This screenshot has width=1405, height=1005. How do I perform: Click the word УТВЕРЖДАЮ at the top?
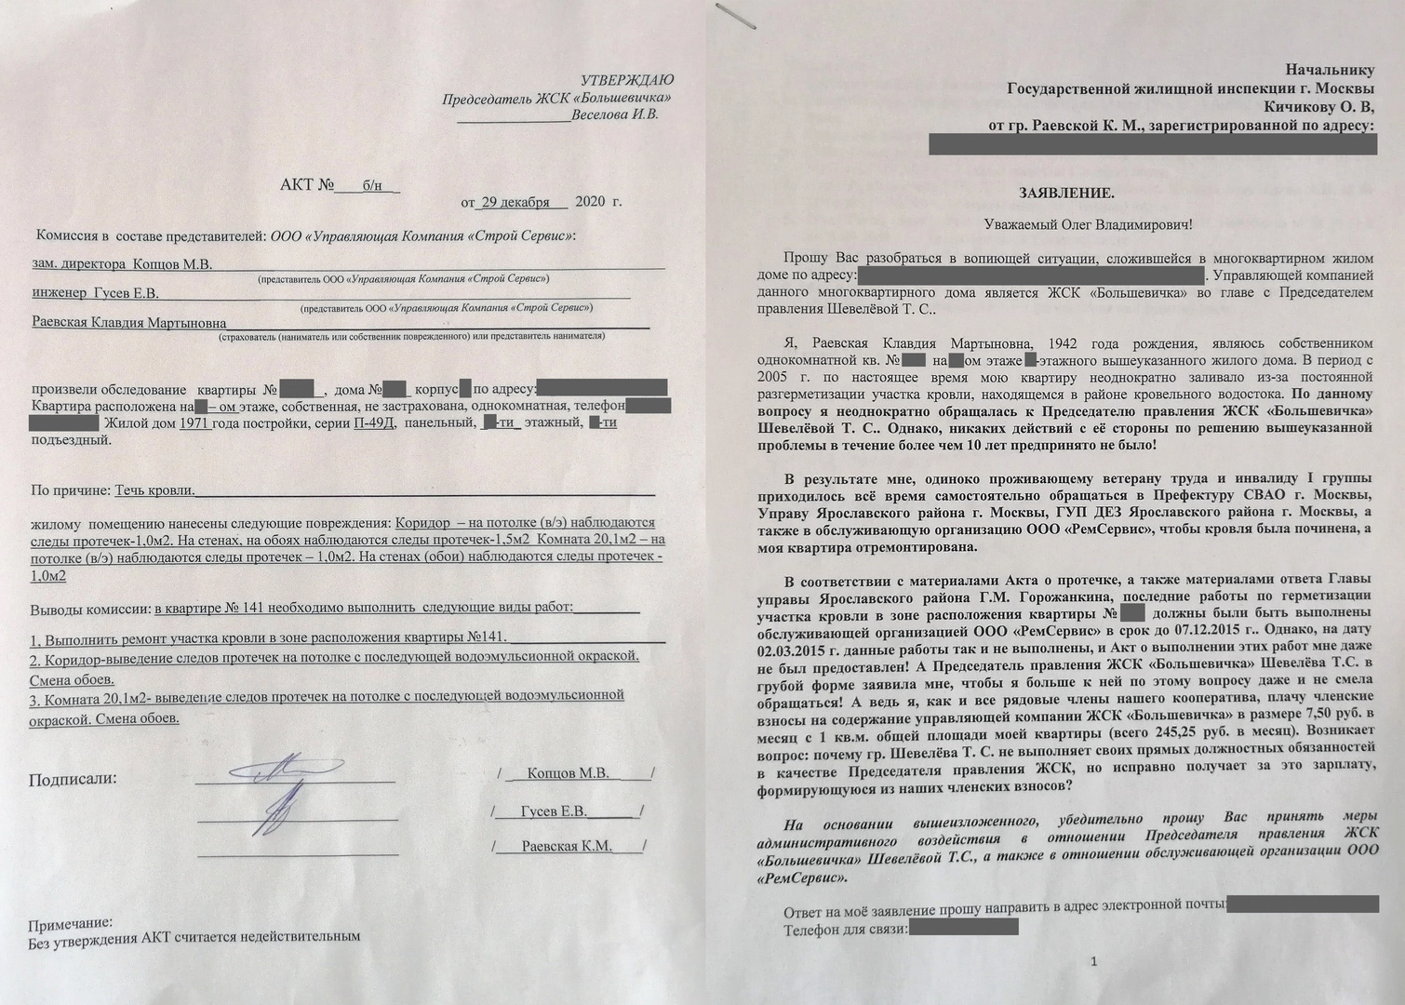tap(627, 81)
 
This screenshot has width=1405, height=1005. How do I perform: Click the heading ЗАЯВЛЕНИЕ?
tap(1066, 193)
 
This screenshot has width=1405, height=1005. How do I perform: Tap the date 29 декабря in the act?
tap(515, 202)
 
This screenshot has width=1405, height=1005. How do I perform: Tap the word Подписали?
tap(73, 779)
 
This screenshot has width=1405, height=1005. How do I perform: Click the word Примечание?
tap(70, 924)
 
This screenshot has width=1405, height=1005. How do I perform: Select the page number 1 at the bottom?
tap(1094, 961)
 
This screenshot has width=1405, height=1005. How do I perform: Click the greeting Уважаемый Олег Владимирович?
tap(1088, 225)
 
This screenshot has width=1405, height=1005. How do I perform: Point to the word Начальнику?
tap(1330, 69)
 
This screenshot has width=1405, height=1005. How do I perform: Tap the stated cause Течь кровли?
tap(154, 490)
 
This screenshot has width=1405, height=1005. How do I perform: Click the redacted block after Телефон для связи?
tap(963, 927)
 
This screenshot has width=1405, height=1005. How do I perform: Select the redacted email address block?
tap(1303, 904)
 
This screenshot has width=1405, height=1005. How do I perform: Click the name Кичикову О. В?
tap(1321, 107)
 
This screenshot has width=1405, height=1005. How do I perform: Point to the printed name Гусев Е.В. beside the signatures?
tap(554, 811)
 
